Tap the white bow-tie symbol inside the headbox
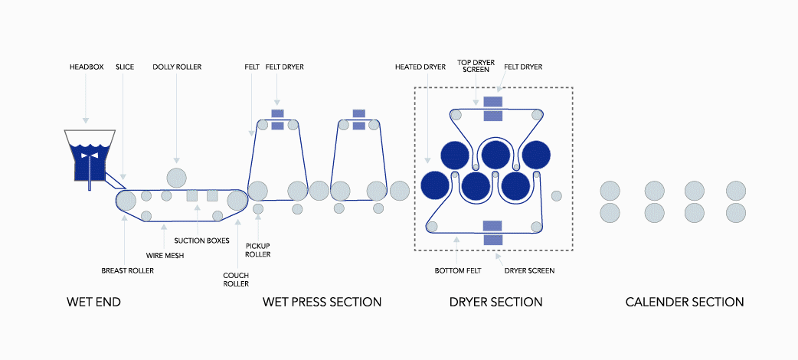90,155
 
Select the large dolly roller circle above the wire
176,175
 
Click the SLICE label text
124,67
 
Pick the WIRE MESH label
164,256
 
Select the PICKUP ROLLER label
257,250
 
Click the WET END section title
94,303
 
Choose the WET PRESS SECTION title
322,303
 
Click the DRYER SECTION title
495,303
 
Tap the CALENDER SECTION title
684,303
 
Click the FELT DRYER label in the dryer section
523,67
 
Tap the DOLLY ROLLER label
177,67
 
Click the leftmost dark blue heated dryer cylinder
435,185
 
